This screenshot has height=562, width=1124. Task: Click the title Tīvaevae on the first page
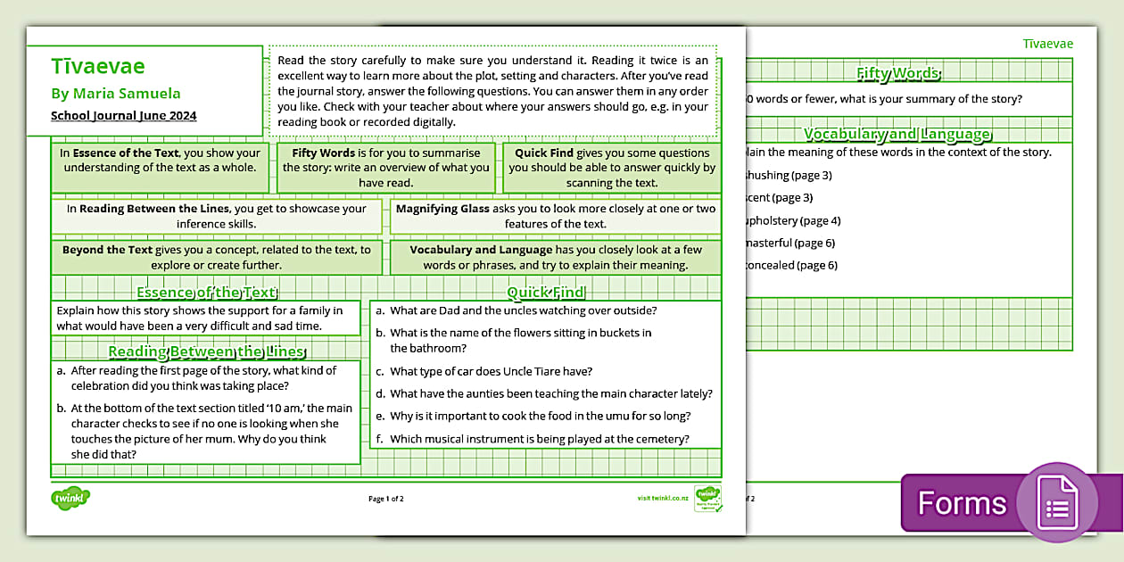coord(98,67)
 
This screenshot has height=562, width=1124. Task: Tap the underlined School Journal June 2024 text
coord(124,115)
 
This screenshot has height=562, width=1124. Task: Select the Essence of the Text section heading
coord(206,292)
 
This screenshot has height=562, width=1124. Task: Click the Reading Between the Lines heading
coord(206,351)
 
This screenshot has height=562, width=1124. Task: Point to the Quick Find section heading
coord(546,292)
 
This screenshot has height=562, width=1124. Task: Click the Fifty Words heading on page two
coord(897,73)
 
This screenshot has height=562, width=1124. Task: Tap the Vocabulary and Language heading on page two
coord(897,134)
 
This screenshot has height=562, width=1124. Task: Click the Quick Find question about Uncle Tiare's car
coord(491,371)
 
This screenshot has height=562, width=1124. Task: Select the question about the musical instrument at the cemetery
coord(539,438)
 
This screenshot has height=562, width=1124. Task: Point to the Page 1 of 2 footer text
coord(386,499)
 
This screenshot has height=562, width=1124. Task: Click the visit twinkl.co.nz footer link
coord(663,498)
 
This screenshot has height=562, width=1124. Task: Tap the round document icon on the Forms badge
coord(1056,502)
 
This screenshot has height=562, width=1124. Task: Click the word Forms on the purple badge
coord(962,503)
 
